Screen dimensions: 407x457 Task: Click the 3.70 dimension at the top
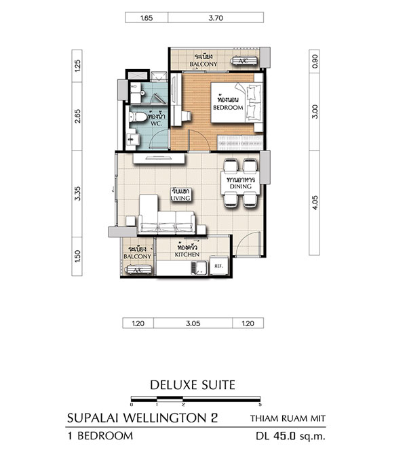(216, 18)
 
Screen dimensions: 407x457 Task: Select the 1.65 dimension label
(147, 18)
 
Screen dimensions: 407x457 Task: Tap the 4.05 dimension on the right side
(315, 202)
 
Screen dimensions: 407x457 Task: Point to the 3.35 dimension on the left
(77, 193)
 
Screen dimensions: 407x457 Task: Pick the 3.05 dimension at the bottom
(193, 323)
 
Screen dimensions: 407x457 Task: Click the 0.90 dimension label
(315, 61)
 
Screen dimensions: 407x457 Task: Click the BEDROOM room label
(228, 108)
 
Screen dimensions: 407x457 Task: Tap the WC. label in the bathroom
(156, 123)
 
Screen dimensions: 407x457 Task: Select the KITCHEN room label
(187, 254)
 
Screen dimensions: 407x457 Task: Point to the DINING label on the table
(241, 186)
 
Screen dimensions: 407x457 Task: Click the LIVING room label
(180, 198)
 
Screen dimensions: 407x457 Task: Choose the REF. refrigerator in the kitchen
(218, 266)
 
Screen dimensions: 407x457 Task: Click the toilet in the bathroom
(138, 117)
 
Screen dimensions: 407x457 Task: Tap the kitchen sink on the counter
(199, 268)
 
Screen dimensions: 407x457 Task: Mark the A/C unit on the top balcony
(244, 61)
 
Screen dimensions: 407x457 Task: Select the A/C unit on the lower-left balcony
(138, 270)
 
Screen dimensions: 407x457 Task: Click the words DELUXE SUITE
(193, 385)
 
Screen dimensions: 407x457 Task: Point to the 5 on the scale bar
(260, 405)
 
